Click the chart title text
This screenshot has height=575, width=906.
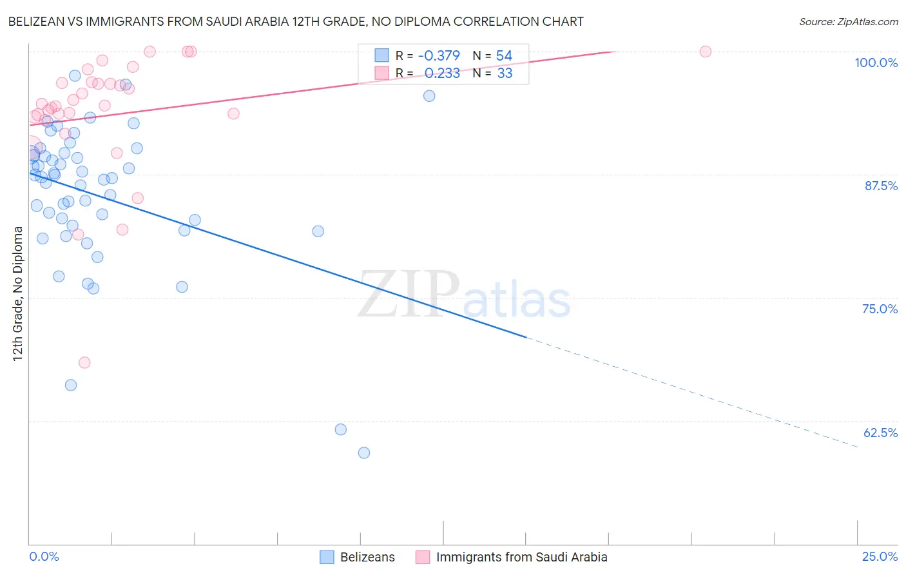click(x=296, y=21)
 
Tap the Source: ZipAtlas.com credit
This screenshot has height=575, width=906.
click(x=848, y=21)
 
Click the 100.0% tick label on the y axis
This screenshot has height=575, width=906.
click(x=876, y=63)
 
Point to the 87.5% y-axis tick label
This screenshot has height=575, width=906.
click(x=880, y=186)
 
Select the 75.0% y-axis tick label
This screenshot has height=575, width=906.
click(x=880, y=309)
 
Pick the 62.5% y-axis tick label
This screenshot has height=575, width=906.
click(x=880, y=433)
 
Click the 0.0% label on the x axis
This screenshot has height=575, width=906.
click(x=44, y=556)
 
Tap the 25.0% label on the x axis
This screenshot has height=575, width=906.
click(x=880, y=556)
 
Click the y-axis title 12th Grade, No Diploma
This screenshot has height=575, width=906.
click(x=18, y=293)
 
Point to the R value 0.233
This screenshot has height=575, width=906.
click(x=442, y=73)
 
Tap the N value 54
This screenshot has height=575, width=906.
click(x=504, y=56)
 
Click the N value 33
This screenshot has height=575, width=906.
click(x=505, y=73)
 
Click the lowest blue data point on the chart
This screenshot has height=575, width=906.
click(x=364, y=453)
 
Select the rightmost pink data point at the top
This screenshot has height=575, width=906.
click(x=706, y=52)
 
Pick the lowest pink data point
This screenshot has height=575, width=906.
click(x=84, y=362)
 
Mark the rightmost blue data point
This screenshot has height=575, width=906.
click(x=429, y=96)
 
